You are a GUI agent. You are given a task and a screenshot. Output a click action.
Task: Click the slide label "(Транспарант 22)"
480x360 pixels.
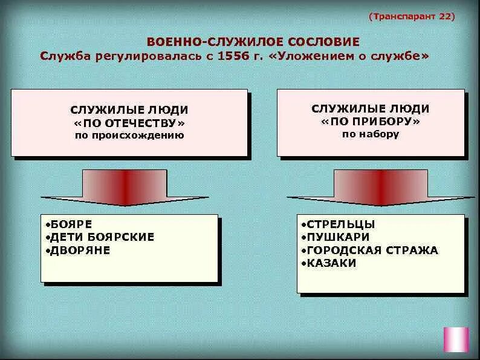[x=412, y=16]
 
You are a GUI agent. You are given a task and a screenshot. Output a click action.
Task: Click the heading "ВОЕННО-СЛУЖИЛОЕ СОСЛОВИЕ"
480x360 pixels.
[x=253, y=42]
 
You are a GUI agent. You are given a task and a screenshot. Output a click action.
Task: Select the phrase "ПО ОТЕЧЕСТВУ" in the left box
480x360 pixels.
[x=129, y=123]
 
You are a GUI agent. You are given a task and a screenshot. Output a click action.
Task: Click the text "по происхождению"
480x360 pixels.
[x=129, y=135]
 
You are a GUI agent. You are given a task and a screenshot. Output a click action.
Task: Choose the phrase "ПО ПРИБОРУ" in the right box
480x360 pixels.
[x=371, y=122]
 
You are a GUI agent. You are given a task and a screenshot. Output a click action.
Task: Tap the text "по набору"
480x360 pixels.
[x=371, y=134]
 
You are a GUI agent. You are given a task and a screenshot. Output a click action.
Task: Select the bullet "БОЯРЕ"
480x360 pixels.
[x=70, y=224]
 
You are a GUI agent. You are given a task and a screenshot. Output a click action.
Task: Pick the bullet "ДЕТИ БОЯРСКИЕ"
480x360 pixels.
[x=102, y=237]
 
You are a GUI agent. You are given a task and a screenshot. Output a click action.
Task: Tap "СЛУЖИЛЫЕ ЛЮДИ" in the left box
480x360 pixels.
[x=129, y=110]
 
